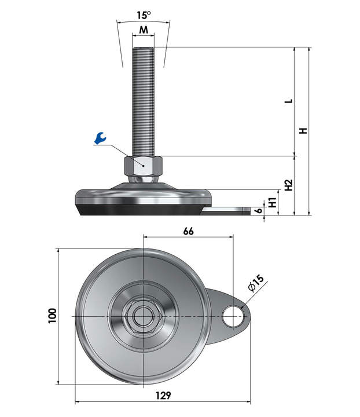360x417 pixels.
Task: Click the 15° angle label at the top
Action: click(144, 14)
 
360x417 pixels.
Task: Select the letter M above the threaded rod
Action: click(144, 30)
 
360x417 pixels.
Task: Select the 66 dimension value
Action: click(188, 231)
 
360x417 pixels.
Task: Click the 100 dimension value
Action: click(53, 316)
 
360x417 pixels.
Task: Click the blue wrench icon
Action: click(101, 138)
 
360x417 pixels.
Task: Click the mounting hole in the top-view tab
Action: click(233, 316)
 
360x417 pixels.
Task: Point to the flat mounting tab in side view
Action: click(229, 211)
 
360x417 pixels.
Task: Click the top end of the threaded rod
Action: click(144, 49)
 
